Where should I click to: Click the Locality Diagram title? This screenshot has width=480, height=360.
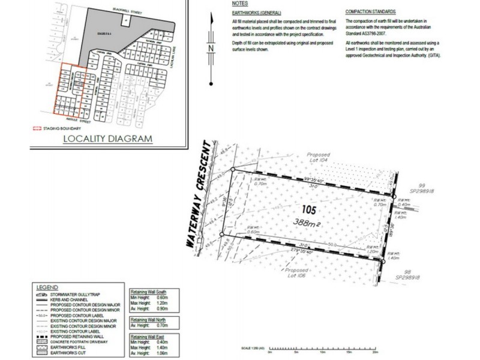(x=108, y=139)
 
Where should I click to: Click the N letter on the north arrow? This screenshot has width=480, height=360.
(x=211, y=48)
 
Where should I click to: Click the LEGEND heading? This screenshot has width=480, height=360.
(x=48, y=287)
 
